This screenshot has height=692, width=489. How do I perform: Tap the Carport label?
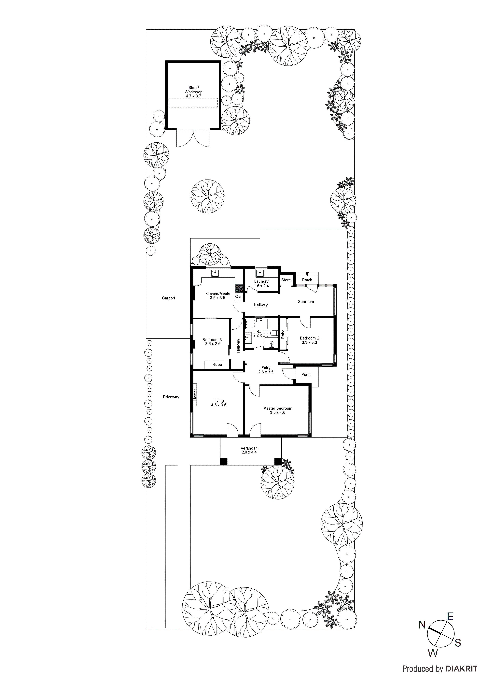(168, 298)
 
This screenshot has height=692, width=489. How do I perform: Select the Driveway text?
(171, 397)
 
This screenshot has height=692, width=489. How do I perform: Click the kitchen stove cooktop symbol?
(239, 288)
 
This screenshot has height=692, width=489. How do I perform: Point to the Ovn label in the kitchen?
(239, 296)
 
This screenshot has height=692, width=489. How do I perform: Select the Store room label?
(286, 280)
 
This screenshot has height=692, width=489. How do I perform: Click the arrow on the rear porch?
(307, 274)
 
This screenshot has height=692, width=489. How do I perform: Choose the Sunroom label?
(306, 301)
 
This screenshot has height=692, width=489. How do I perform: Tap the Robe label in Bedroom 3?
(217, 365)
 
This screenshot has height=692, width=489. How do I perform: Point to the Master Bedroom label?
(277, 408)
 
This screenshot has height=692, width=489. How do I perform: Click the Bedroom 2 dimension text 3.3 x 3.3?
(309, 342)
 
